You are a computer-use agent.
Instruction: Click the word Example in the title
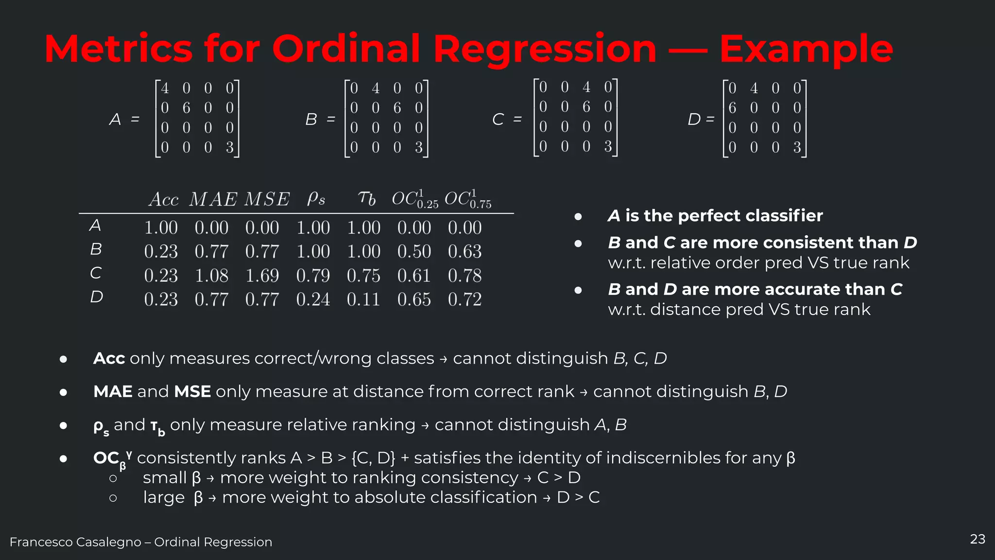806,50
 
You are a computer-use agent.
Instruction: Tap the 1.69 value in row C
262,276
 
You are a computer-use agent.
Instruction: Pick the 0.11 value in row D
363,299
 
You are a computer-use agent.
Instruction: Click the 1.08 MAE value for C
211,276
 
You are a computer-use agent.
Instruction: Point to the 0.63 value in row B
464,251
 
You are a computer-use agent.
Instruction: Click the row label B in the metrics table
96,249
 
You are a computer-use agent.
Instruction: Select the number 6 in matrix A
187,108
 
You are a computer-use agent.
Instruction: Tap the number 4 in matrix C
586,87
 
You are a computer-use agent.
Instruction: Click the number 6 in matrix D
732,108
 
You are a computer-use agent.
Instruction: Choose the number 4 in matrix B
376,88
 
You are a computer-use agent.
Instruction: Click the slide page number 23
978,539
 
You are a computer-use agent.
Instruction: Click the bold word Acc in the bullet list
109,358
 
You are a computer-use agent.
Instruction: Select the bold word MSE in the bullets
192,391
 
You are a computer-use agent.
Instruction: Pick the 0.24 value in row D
313,299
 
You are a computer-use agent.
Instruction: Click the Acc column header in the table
164,199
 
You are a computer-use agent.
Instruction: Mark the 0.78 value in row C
464,276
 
